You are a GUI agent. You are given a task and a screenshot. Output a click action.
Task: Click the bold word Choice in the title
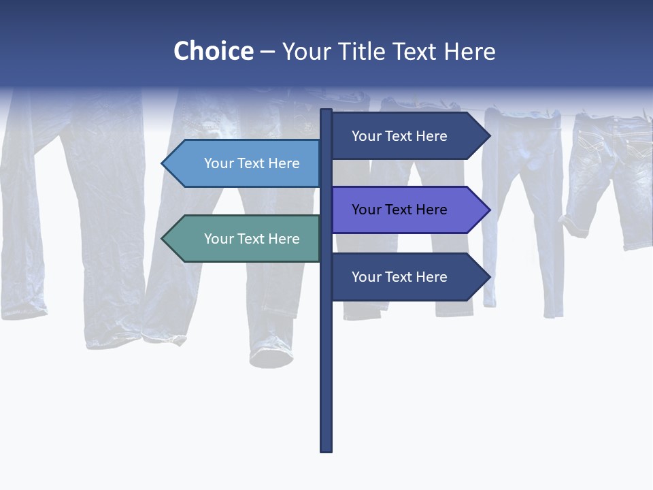[x=213, y=51]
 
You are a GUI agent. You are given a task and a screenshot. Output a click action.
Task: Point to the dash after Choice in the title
[x=267, y=52]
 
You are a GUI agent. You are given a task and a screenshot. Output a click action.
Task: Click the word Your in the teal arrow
[x=218, y=239]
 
